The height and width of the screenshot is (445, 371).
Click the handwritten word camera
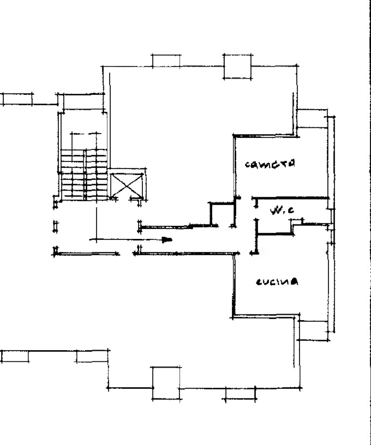(x=270, y=164)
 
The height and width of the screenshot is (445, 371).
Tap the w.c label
(x=282, y=211)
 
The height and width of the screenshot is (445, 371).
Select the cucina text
(x=277, y=282)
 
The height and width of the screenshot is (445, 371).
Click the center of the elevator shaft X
(x=127, y=185)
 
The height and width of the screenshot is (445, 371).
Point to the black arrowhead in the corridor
(x=167, y=240)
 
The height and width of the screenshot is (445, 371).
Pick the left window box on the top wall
(x=166, y=61)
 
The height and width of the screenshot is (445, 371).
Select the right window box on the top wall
(x=237, y=66)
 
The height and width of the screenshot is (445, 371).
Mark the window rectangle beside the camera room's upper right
(x=312, y=118)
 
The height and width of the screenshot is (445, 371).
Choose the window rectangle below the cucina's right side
(x=313, y=330)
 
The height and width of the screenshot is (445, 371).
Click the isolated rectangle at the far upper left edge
(x=17, y=99)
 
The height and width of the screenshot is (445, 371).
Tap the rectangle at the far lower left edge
(x=15, y=356)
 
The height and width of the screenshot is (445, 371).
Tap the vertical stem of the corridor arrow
(x=96, y=225)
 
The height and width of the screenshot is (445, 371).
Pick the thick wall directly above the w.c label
(x=290, y=198)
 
